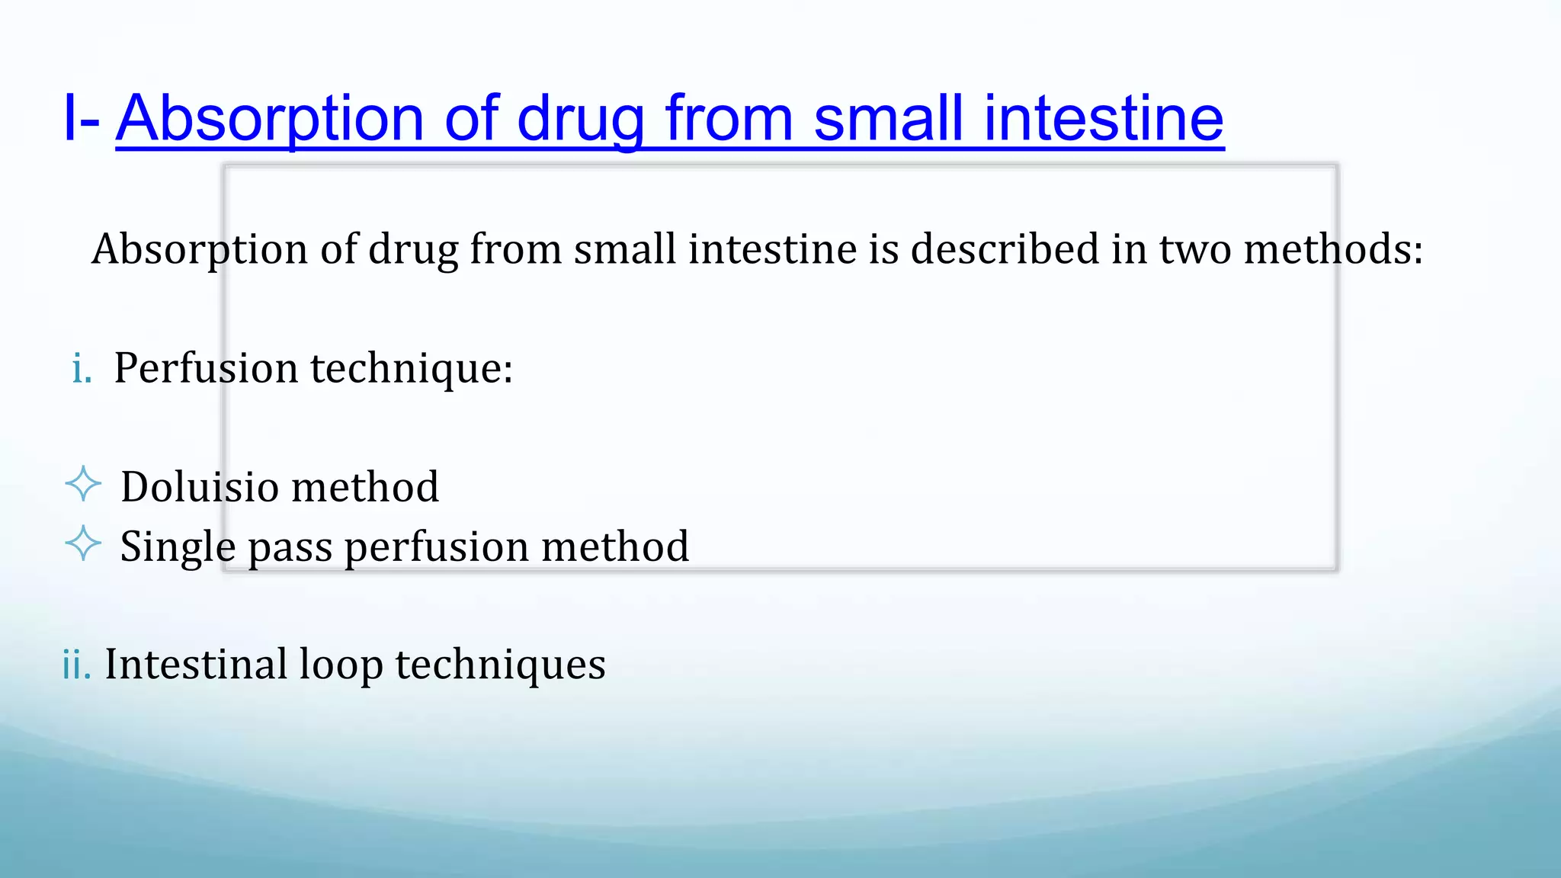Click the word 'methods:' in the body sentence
pos(1333,249)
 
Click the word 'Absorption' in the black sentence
pos(200,251)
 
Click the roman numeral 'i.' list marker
pos(82,369)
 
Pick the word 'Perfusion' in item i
pos(206,369)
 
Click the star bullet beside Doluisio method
pos(83,485)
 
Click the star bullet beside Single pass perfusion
pos(83,544)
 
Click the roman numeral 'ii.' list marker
pos(76,665)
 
